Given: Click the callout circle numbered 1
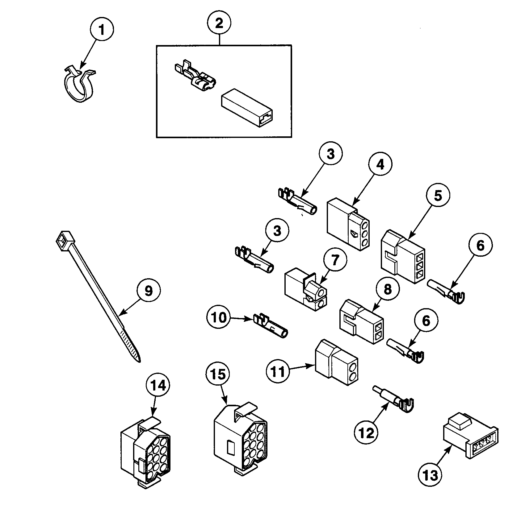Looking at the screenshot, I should tap(102, 30).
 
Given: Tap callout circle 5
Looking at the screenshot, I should tap(438, 196).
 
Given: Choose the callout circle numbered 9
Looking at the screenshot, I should tap(149, 290).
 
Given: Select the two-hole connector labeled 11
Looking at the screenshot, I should tap(337, 362).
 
